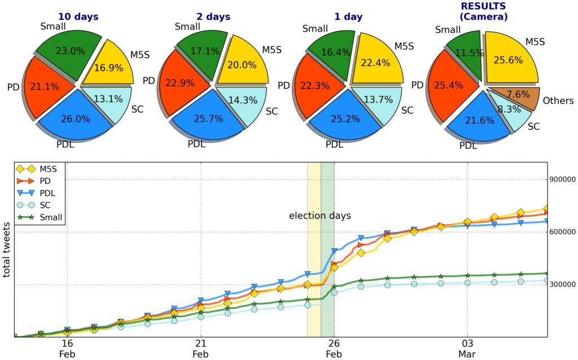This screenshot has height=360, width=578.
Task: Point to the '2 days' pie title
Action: point(213,17)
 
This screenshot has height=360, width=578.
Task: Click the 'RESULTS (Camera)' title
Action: point(483,11)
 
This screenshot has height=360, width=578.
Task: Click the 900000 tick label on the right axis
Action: point(563,180)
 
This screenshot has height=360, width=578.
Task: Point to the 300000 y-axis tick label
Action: point(563,284)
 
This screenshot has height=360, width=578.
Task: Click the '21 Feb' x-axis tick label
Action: point(200,349)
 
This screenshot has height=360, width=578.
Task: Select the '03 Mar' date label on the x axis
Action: point(467,349)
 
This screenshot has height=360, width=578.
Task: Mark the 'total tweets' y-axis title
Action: point(7,249)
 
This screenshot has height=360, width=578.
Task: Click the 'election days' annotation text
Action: point(319,216)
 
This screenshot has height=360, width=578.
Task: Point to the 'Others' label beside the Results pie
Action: point(558,100)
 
